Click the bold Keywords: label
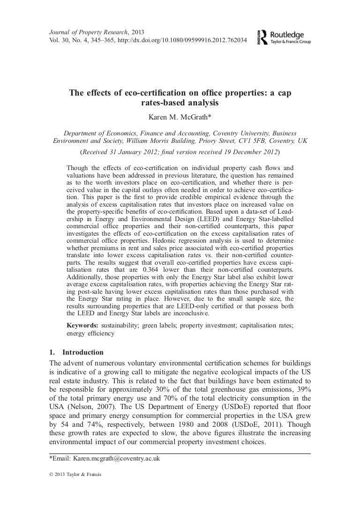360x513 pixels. click(82, 325)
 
